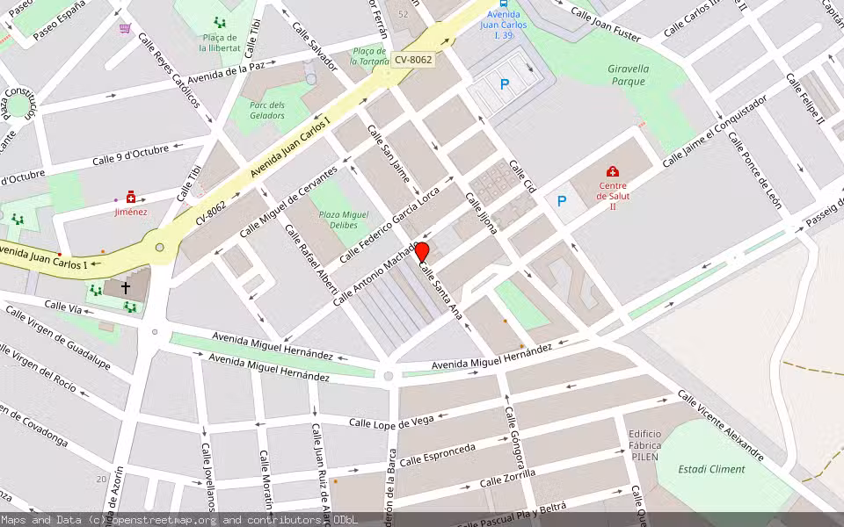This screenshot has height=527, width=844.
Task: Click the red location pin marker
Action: pyautogui.click(x=422, y=254)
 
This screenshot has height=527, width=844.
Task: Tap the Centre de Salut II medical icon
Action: pyautogui.click(x=613, y=172)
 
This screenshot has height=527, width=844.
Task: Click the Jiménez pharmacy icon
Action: pyautogui.click(x=131, y=198)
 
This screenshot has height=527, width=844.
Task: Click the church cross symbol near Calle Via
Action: pyautogui.click(x=126, y=287)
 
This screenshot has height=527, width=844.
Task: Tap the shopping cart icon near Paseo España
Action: pyautogui.click(x=125, y=28)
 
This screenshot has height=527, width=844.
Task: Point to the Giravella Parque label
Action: pyautogui.click(x=628, y=75)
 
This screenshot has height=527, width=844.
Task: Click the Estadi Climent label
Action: pyautogui.click(x=711, y=469)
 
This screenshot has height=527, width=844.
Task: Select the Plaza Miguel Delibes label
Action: pyautogui.click(x=343, y=220)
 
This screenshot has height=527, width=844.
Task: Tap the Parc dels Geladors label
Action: pyautogui.click(x=267, y=111)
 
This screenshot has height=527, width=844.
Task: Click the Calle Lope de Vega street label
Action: pyautogui.click(x=391, y=422)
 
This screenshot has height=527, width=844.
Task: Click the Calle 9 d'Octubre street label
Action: pyautogui.click(x=130, y=155)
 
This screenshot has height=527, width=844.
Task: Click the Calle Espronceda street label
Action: pyautogui.click(x=437, y=455)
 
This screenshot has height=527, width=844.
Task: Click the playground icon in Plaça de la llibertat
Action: pyautogui.click(x=219, y=23)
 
